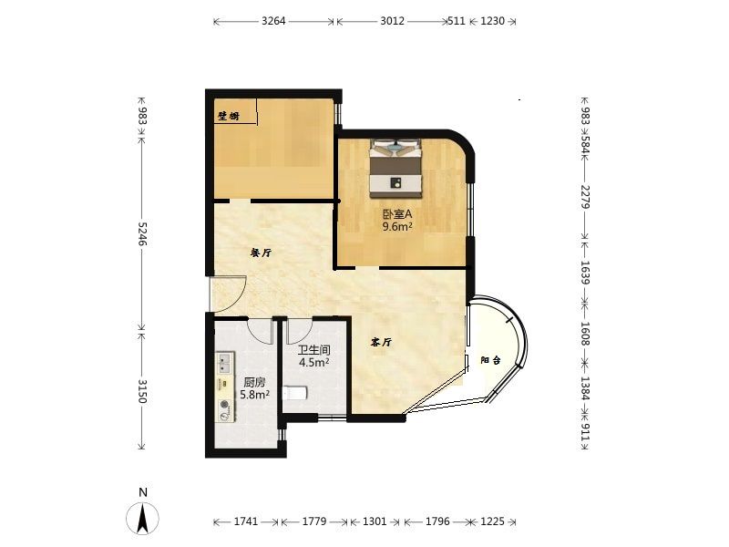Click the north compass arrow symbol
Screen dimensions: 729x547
(x=142, y=517)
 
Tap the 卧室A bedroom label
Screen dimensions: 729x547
(x=397, y=214)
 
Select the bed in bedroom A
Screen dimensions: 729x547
(x=395, y=168)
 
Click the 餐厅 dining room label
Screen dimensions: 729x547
(x=261, y=253)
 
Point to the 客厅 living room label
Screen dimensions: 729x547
(x=381, y=343)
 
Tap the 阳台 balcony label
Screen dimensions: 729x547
(x=490, y=360)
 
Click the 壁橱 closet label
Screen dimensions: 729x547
(x=229, y=116)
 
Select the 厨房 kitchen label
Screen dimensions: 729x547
(x=255, y=382)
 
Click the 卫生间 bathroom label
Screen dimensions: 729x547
(x=314, y=350)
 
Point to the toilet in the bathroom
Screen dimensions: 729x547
(x=294, y=394)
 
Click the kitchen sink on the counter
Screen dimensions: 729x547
(x=225, y=363)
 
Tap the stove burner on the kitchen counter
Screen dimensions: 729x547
(x=225, y=405)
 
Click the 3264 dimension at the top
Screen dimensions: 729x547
(x=273, y=21)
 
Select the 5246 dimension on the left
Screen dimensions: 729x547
(x=142, y=234)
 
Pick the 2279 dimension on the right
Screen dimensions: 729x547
(x=585, y=197)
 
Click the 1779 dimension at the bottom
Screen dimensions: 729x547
(x=314, y=521)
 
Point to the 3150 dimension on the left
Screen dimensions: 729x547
(x=142, y=391)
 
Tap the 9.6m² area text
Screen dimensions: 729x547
(x=397, y=226)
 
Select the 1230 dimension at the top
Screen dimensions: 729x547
(x=492, y=21)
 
